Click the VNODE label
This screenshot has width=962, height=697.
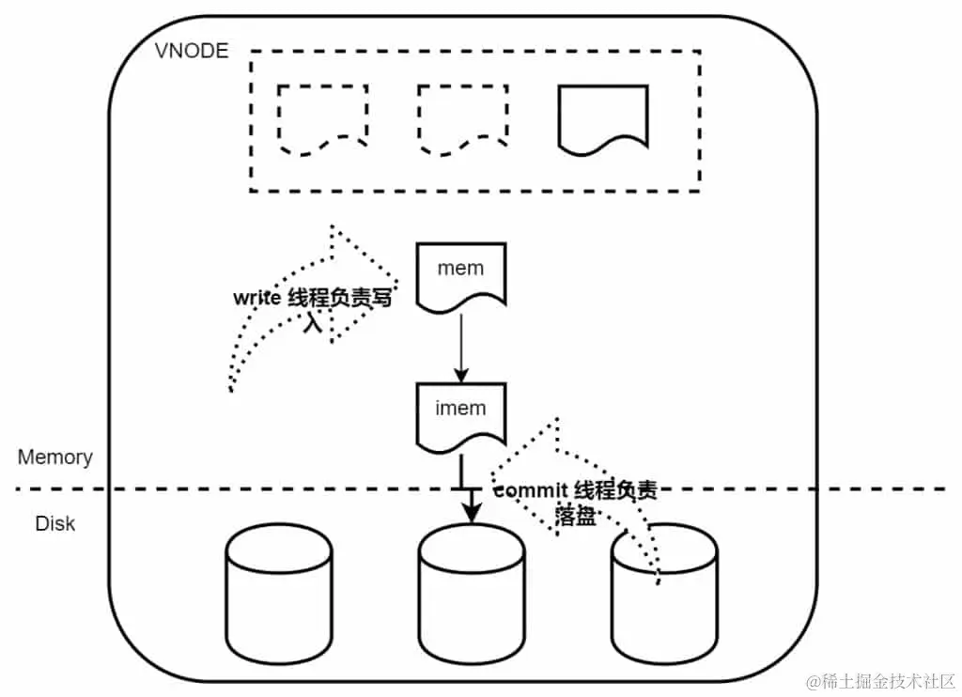tap(191, 51)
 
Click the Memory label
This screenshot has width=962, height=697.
tap(55, 457)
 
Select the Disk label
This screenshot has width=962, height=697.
tap(54, 523)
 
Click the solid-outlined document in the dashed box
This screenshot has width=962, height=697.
tap(603, 119)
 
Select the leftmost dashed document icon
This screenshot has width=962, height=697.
tap(322, 119)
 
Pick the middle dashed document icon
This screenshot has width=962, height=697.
tap(462, 119)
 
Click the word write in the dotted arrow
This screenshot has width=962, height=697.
tap(256, 300)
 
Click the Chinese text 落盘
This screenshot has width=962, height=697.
tap(575, 516)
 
